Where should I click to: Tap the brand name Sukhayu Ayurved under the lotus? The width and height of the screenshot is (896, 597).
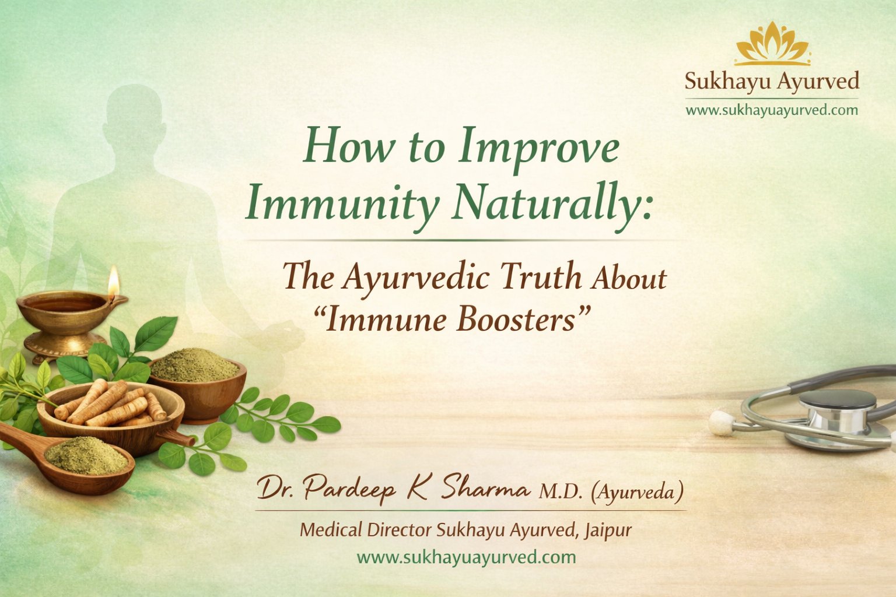click(772, 81)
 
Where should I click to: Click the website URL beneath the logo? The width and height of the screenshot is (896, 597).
click(772, 110)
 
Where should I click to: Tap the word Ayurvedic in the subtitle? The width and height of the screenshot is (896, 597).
click(416, 276)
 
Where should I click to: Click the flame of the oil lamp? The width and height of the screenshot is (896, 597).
click(113, 282)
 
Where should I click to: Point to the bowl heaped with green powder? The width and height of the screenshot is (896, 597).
click(196, 373)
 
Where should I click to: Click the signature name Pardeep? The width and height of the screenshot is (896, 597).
click(349, 489)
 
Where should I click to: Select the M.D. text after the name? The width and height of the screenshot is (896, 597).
click(560, 492)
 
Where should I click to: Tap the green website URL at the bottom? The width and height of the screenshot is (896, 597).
click(466, 557)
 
